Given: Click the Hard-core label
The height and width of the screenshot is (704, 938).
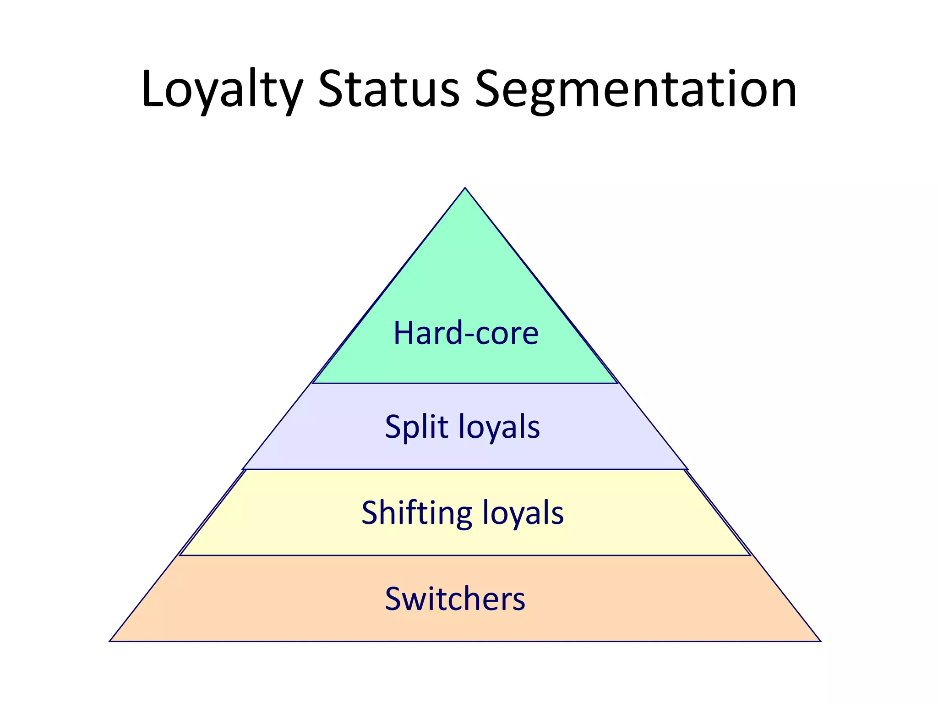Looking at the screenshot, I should pos(466,333).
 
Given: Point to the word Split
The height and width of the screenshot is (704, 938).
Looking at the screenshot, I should pos(416,427).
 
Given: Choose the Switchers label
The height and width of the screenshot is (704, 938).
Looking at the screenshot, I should pos(455,599).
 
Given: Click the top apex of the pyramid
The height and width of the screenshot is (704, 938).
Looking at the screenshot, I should pos(465,188).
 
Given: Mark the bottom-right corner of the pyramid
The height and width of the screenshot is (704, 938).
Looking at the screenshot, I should pos(819,640).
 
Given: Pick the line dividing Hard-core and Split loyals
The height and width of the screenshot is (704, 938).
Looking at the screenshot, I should pos(465,383).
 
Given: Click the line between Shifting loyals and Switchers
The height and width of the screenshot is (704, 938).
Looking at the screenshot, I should pos(465,555).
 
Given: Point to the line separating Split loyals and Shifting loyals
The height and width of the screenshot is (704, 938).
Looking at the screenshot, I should pos(465,469).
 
